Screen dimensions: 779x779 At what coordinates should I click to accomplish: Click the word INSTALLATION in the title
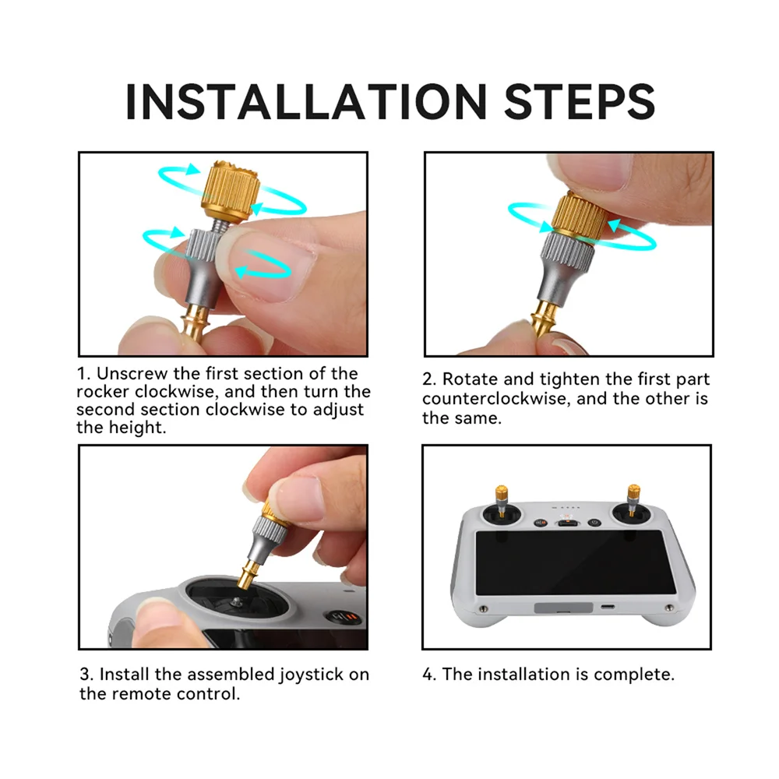(x=306, y=102)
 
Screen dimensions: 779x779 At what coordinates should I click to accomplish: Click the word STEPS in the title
(x=580, y=102)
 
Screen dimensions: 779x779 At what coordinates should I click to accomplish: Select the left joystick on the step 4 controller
(x=501, y=502)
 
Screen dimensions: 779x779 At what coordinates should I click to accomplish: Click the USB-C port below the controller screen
(x=608, y=607)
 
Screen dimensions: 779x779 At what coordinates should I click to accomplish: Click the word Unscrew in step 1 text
(x=132, y=374)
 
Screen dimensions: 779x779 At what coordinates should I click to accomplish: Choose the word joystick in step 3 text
(x=312, y=675)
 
